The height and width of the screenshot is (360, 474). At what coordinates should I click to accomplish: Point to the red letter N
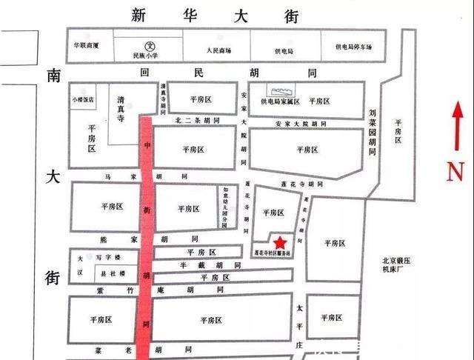click(x=455, y=172)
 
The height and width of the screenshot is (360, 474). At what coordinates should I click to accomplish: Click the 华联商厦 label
click(x=86, y=44)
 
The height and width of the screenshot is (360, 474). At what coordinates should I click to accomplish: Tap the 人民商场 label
click(x=219, y=50)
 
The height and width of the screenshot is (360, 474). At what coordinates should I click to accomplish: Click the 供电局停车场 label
click(x=353, y=46)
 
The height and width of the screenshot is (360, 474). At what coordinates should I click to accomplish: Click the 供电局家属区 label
click(x=279, y=101)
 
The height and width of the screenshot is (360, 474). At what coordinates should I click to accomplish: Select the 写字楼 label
click(x=103, y=259)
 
